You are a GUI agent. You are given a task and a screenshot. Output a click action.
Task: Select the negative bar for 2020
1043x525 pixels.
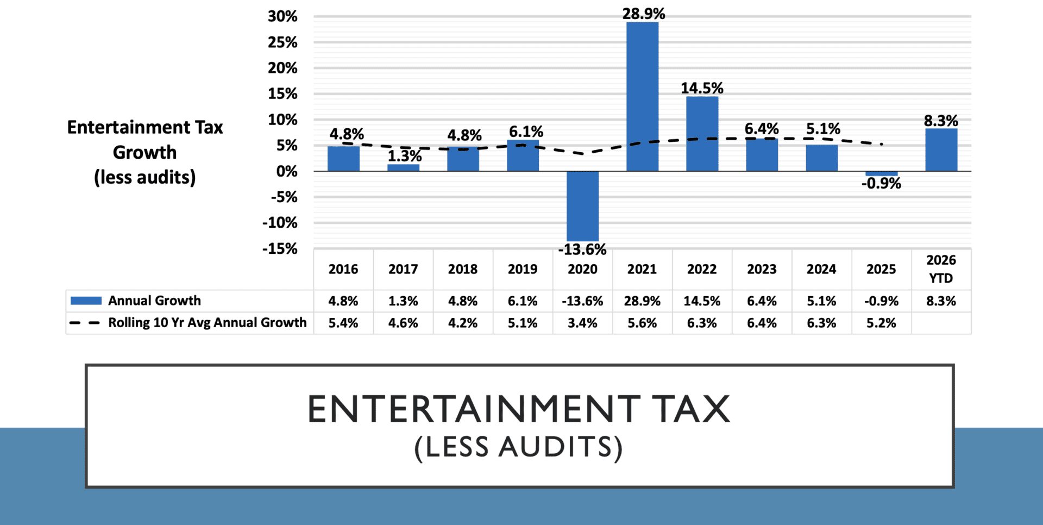coord(582,206)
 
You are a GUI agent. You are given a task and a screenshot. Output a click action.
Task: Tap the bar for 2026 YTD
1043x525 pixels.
coord(941,150)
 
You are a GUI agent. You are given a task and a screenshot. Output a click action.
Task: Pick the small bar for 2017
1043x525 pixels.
coord(403,167)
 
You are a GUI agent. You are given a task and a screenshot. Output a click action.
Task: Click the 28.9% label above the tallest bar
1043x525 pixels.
coord(644,14)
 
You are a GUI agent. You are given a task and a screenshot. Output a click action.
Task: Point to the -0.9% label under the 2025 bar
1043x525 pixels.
coord(881,184)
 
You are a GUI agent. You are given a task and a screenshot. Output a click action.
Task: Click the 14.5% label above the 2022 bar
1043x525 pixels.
coord(702,88)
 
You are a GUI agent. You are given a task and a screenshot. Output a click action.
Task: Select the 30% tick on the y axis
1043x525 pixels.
coord(282,16)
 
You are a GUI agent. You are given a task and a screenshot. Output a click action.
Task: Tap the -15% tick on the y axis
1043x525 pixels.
coord(280,249)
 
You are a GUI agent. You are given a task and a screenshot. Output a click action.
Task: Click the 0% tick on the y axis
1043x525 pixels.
coord(286,171)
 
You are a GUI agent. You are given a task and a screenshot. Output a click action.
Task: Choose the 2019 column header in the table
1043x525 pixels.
coord(523,269)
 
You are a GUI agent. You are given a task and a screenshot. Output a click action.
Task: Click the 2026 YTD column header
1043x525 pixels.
coord(941,269)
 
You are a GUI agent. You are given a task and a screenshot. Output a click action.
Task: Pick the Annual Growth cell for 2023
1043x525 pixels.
coord(762,301)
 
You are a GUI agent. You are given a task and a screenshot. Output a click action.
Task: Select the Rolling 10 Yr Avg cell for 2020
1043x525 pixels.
coord(582,323)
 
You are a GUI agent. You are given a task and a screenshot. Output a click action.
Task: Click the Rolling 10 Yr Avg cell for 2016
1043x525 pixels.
coord(343,323)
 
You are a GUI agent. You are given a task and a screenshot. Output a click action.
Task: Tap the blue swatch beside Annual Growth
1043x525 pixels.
coord(86,301)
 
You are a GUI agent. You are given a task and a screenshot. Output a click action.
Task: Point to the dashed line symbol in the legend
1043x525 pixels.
coord(85,323)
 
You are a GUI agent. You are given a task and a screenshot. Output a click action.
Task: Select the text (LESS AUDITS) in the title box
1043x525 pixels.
coord(518,447)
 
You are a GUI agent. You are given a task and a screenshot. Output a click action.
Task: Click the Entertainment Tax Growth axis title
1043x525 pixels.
coord(145,152)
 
